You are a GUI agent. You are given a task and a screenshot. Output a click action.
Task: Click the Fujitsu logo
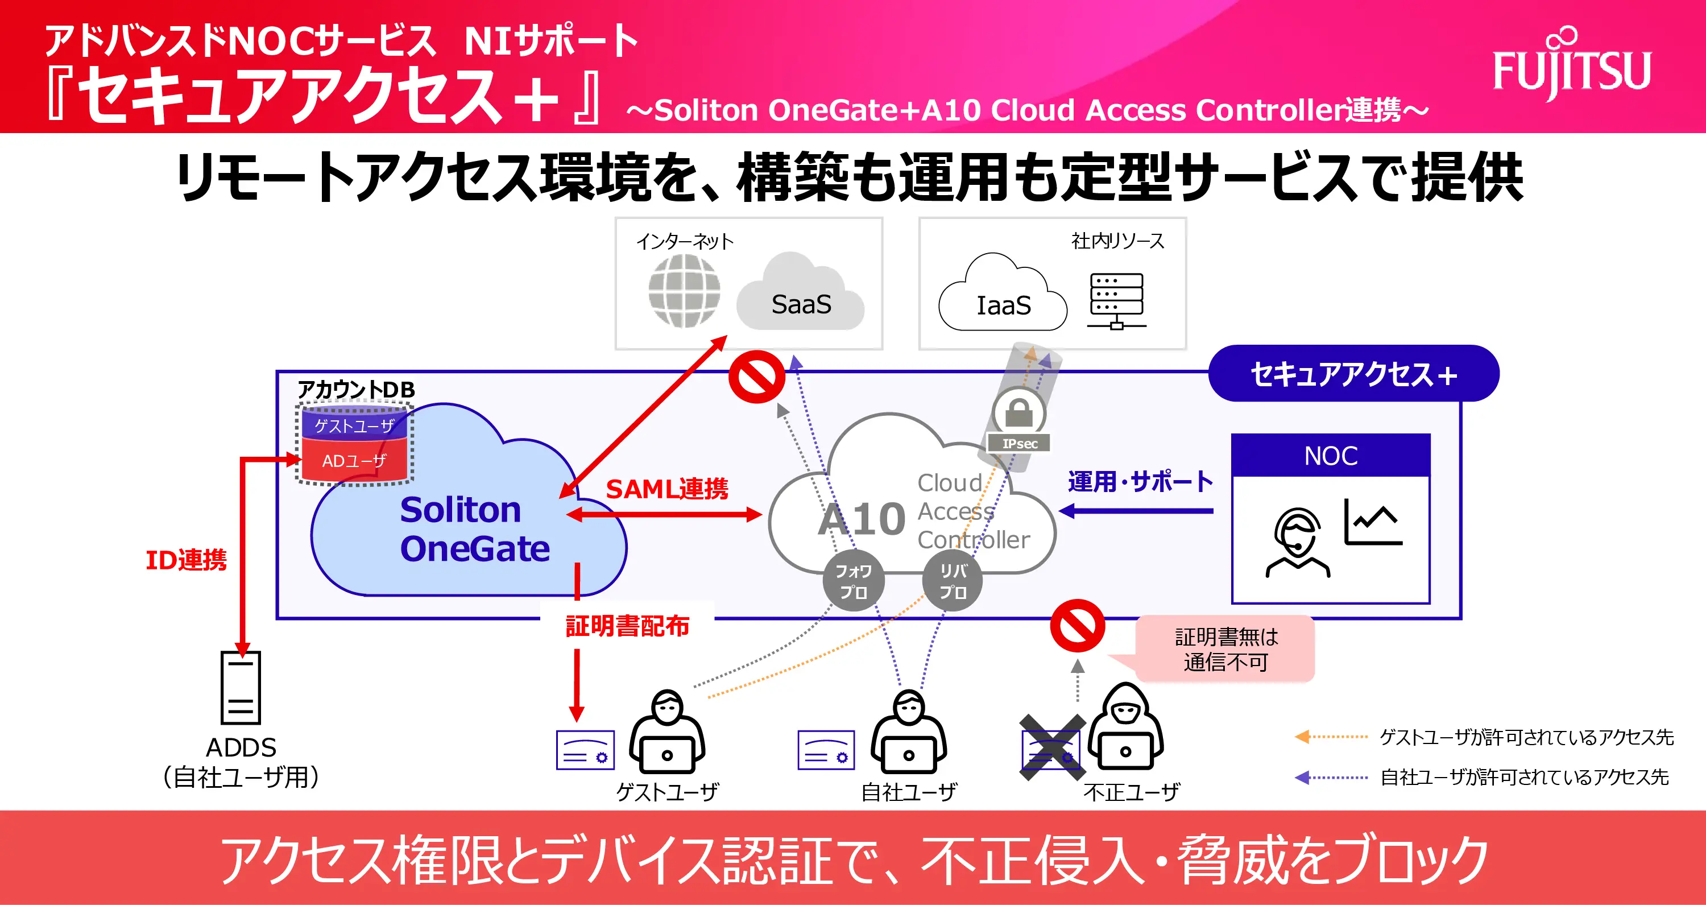[x=1571, y=66]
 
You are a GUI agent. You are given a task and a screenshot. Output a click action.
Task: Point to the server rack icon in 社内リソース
[x=1117, y=301]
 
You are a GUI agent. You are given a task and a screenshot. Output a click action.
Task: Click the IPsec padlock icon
[x=1019, y=414]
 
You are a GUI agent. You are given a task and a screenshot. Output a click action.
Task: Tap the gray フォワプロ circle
[x=853, y=581]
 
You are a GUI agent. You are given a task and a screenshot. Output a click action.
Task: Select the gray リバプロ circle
[x=953, y=581]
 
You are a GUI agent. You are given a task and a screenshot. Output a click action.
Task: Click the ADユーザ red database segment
[x=354, y=460]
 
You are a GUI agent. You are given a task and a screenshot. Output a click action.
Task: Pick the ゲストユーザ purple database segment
[x=354, y=425]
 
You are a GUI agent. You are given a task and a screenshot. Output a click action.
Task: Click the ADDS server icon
[x=241, y=688]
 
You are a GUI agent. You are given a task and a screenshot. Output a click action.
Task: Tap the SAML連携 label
[x=667, y=489]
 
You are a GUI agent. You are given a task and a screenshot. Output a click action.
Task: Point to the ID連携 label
[x=186, y=560]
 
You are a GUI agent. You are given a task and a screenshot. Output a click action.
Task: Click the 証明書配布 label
[x=627, y=625]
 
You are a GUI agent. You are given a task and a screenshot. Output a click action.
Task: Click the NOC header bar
[x=1331, y=456]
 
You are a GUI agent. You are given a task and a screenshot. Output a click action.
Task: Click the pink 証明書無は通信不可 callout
[x=1225, y=649]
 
